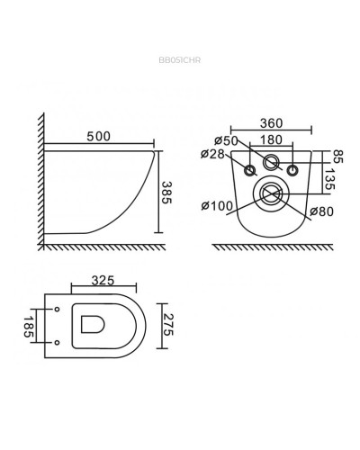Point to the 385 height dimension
(x=165, y=192)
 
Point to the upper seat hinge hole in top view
(x=57, y=310)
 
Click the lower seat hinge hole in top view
(x=57, y=340)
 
